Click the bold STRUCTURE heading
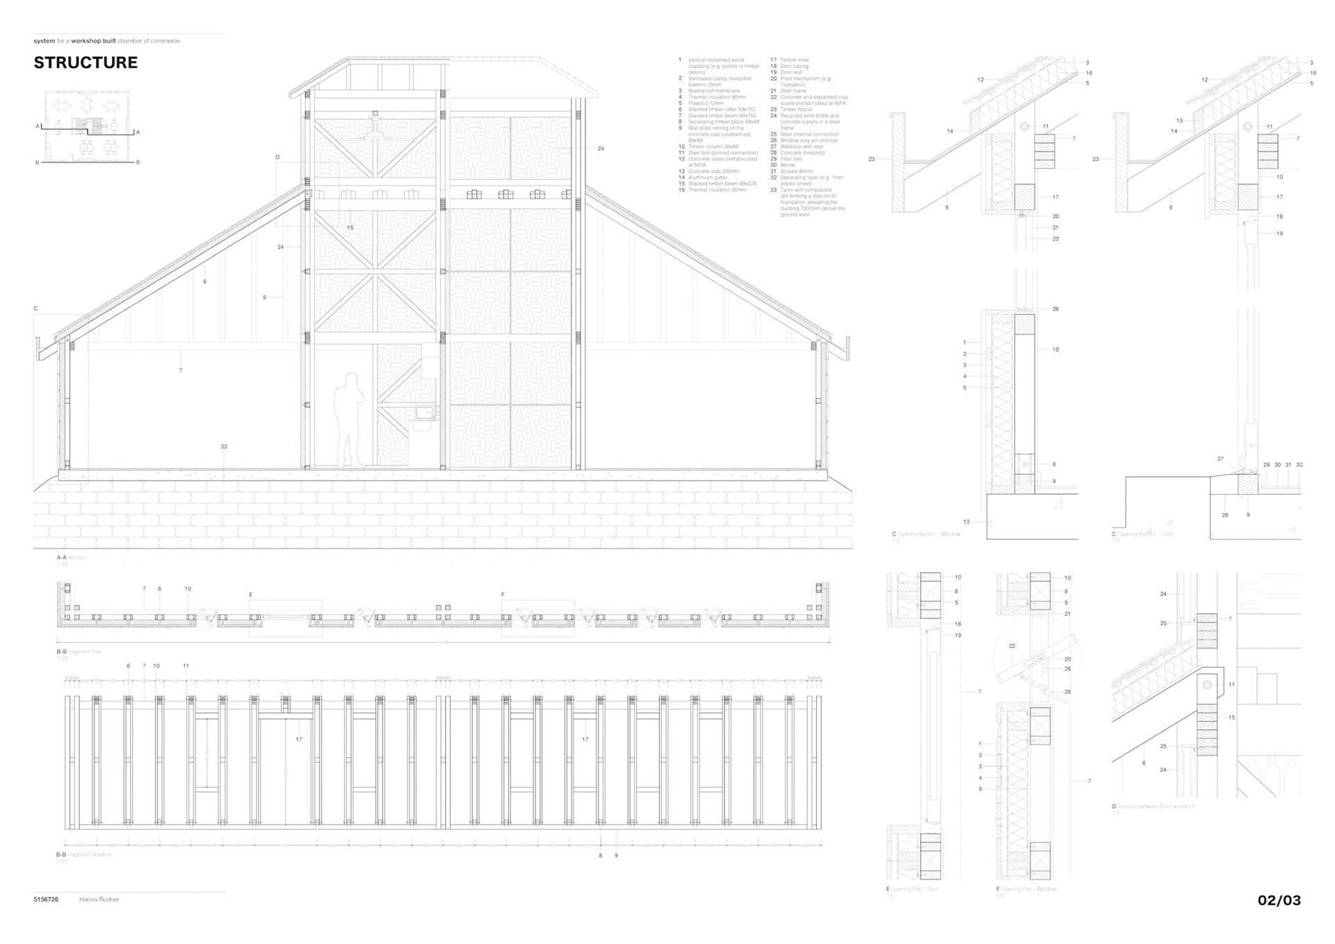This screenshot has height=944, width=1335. [x=86, y=63]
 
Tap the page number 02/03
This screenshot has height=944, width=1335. [x=1279, y=900]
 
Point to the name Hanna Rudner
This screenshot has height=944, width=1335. [x=99, y=900]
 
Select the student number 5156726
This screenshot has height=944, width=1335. [x=46, y=900]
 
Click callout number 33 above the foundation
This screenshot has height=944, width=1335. [x=224, y=446]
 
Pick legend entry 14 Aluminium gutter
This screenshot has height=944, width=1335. [x=707, y=177]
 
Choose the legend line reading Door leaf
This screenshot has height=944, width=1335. [x=790, y=72]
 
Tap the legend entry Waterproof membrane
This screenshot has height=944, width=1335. [x=713, y=91]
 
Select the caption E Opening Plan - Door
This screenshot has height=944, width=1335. [x=912, y=889]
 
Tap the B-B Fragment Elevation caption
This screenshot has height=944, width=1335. [x=83, y=854]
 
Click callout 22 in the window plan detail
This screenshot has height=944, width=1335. [x=1012, y=646]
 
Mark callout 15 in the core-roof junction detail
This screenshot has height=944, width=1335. [x=1231, y=717]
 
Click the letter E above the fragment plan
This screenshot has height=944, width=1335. [x=251, y=595]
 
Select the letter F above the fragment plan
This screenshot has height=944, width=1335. [x=503, y=595]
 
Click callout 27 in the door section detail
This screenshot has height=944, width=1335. [x=1220, y=459]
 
